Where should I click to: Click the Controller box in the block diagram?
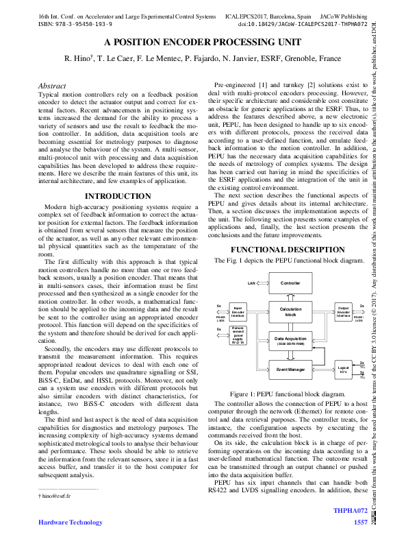290,282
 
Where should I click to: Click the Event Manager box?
290,370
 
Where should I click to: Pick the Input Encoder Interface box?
238,311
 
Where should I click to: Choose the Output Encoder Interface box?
343,311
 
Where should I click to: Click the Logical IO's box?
343,370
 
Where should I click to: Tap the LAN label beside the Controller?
251,282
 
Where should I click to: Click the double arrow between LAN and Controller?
264,282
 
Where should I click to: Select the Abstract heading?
52,86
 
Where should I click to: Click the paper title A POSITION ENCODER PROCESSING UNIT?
203,42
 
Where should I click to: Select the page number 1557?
361,522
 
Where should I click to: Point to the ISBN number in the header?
67,23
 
